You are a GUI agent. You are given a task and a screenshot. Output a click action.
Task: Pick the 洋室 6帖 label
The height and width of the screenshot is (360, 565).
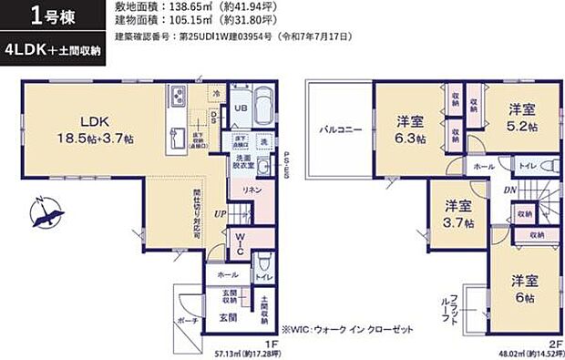[x=522, y=289]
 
